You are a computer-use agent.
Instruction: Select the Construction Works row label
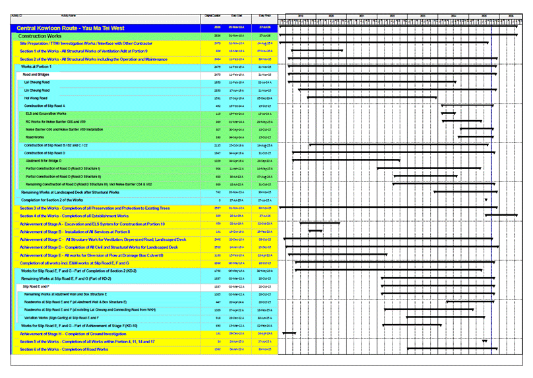tap(42, 36)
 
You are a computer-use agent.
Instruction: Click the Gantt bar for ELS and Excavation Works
tap(448, 113)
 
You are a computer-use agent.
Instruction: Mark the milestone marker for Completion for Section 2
tap(486, 199)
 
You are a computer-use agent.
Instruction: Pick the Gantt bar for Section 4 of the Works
tap(501, 216)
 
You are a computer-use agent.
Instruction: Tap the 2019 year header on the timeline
tap(300, 15)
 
